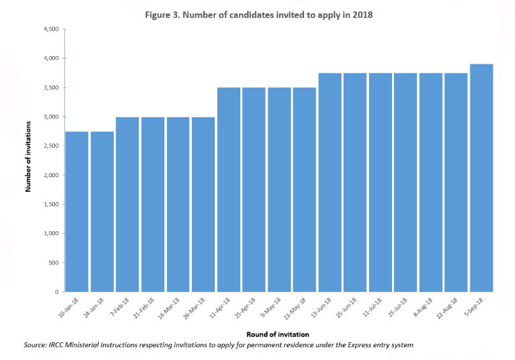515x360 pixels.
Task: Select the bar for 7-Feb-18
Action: pos(127,204)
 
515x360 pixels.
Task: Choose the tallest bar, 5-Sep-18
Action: pos(481,178)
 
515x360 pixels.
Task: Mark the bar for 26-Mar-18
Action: pos(203,204)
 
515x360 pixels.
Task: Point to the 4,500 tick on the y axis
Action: pos(51,29)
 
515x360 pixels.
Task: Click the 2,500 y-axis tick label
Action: pos(51,146)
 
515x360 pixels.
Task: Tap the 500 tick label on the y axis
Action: pos(54,263)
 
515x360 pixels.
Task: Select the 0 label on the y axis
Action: pos(57,292)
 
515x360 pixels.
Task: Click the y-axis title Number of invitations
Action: pos(28,161)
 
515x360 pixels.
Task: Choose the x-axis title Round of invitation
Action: pos(278,333)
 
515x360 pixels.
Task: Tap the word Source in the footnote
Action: pos(34,345)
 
